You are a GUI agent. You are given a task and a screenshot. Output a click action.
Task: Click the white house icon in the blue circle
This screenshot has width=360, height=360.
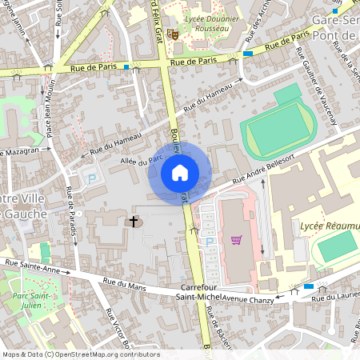click(x=179, y=173)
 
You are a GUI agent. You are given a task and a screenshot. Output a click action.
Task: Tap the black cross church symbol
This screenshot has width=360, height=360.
click(x=134, y=221)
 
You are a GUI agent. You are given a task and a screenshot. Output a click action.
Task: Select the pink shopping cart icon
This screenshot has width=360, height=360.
click(x=236, y=239)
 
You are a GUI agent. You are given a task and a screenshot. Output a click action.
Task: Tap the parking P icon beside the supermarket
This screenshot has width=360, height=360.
click(x=210, y=241)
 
